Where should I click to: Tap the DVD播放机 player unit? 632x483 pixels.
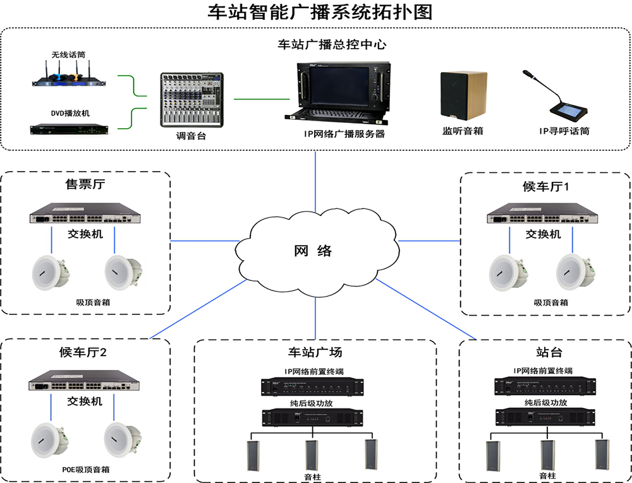click(69, 129)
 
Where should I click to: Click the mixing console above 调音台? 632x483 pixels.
click(191, 99)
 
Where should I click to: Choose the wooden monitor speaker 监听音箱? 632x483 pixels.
click(463, 95)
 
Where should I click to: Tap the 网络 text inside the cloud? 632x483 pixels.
click(313, 251)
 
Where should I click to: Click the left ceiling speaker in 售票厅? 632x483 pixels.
click(51, 271)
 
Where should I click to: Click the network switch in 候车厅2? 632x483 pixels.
click(85, 384)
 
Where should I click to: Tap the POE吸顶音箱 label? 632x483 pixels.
click(86, 470)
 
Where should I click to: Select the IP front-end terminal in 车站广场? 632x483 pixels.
click(313, 386)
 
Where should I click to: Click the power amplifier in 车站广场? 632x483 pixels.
click(313, 417)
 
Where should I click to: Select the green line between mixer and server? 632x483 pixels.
click(261, 98)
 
